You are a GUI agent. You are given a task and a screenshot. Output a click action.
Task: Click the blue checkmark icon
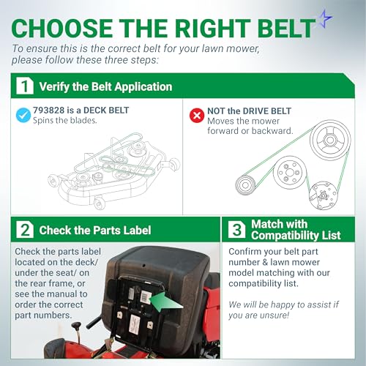23,115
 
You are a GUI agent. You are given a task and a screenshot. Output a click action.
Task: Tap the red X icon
197,115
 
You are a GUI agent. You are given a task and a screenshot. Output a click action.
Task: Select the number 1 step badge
25,86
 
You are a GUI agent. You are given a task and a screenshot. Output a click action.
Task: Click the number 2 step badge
25,229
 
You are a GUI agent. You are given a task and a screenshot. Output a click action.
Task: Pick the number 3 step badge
237,229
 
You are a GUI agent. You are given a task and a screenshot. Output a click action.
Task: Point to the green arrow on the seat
167,302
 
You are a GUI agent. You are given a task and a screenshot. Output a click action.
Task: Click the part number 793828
49,111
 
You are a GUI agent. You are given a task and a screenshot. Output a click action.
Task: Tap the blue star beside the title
325,19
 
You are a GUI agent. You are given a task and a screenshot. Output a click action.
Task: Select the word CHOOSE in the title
61,28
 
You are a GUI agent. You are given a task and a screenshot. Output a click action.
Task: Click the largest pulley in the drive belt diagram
330,140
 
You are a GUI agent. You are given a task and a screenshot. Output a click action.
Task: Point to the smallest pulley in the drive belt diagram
245,185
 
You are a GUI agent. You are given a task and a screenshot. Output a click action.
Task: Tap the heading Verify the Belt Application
105,86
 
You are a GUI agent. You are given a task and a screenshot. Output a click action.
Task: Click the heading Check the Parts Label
95,230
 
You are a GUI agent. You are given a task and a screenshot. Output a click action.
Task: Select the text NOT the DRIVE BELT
249,111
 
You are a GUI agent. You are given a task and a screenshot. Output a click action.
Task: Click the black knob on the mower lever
76,326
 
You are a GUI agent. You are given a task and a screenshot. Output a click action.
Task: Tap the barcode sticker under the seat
146,296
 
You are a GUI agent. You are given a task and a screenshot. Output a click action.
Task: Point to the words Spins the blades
65,120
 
